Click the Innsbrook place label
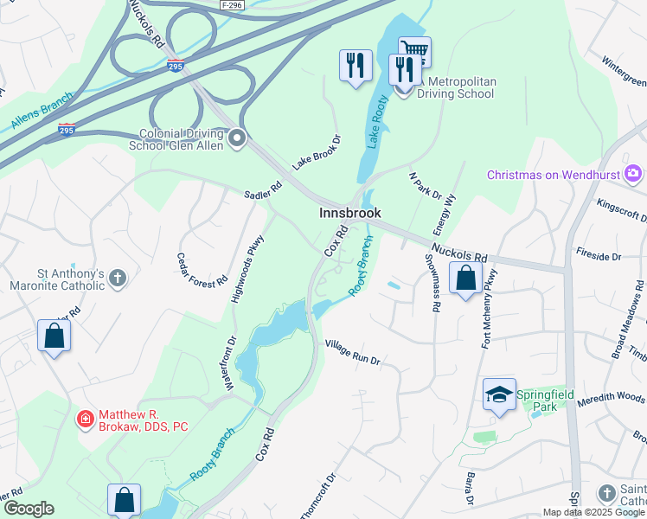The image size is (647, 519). pyautogui.click(x=349, y=213)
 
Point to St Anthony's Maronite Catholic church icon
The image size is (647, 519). pyautogui.click(x=119, y=279)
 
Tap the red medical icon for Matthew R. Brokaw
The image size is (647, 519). pyautogui.click(x=85, y=420)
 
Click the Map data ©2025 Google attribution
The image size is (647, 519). pyautogui.click(x=593, y=512)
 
